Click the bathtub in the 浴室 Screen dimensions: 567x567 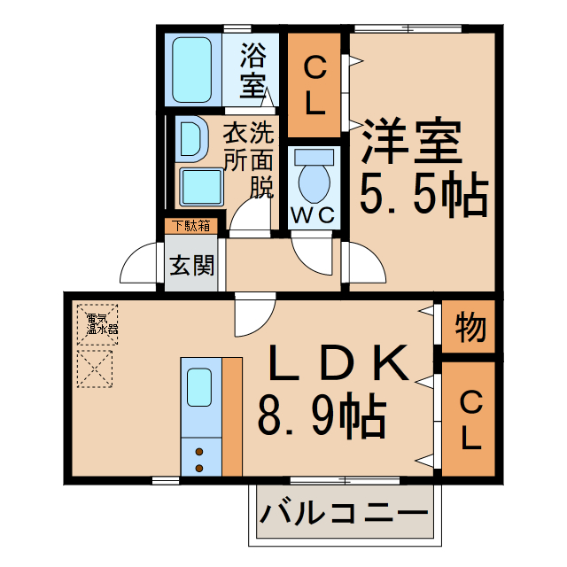pos(193,69)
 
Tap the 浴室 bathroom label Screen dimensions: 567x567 pos(253,72)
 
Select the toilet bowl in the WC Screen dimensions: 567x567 pos(313,178)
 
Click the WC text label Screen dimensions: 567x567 pos(312,215)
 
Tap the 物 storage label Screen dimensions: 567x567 pos(470,328)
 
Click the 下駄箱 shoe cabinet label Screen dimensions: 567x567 pos(190,225)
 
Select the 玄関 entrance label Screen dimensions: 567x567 pos(191,265)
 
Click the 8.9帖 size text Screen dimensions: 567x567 pos(321,413)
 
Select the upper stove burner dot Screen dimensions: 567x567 pos(198,450)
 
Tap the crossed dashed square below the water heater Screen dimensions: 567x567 pos(97,368)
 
